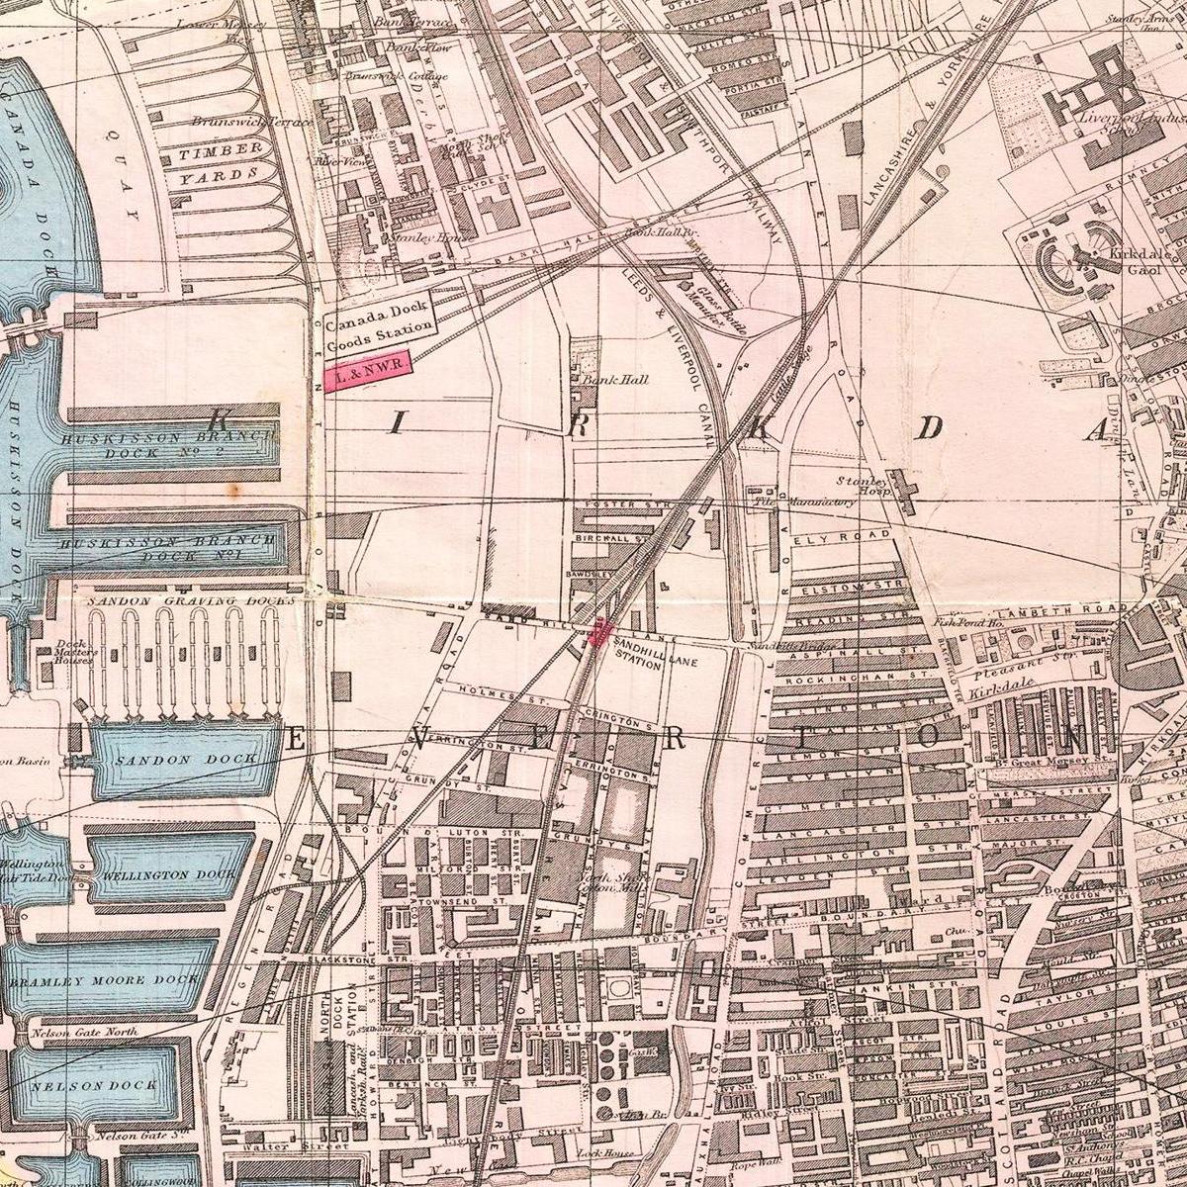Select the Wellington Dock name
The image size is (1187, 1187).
pos(169,875)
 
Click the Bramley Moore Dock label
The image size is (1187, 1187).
pos(104,982)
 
